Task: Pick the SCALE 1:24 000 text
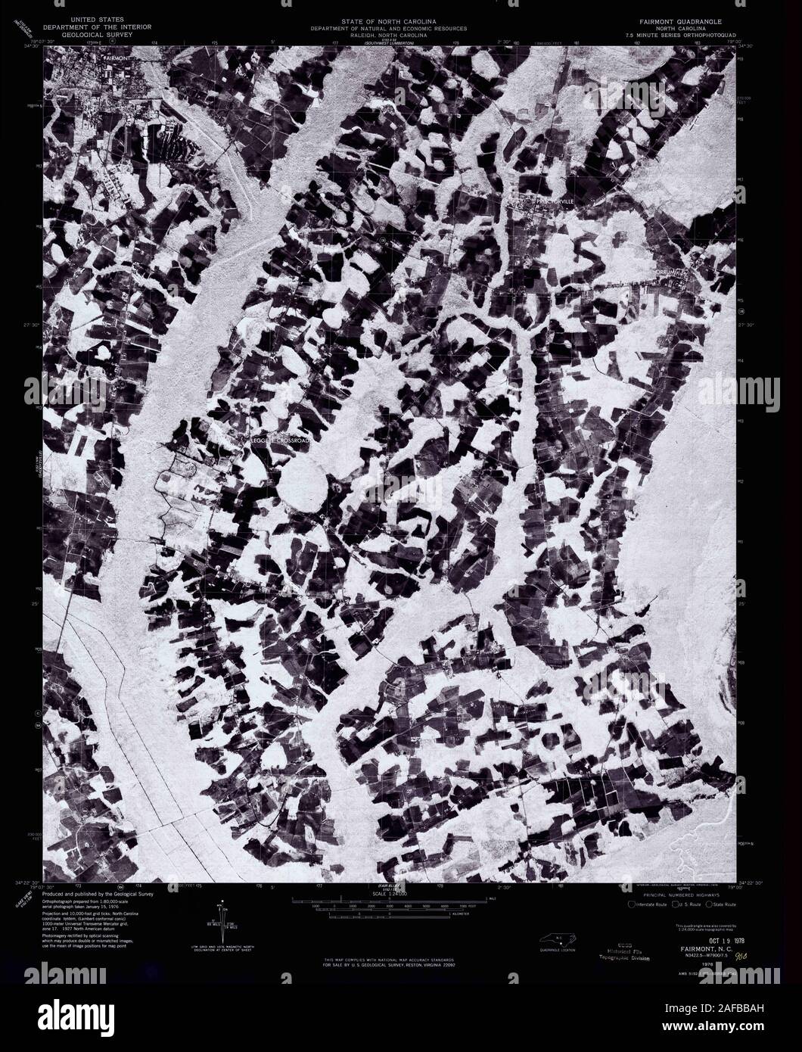coord(389,894)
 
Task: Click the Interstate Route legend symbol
coord(631,904)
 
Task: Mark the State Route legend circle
coord(709,904)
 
